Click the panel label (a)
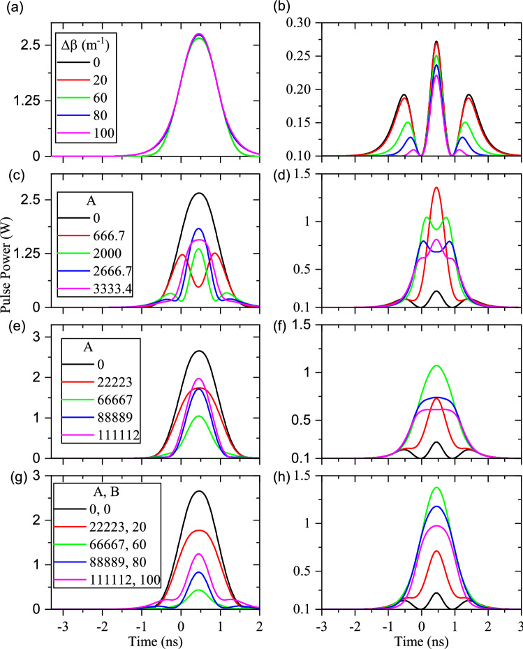click(12, 8)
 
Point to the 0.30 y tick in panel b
click(302, 22)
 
